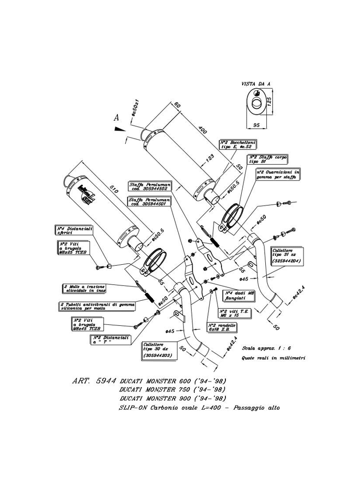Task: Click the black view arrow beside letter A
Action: (x=118, y=129)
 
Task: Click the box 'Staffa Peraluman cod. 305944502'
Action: (x=149, y=186)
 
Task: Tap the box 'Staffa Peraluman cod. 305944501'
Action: (x=149, y=201)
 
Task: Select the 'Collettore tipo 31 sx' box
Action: (x=287, y=256)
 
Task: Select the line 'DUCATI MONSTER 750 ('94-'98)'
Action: (x=173, y=389)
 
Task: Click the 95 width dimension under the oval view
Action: (x=255, y=125)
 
